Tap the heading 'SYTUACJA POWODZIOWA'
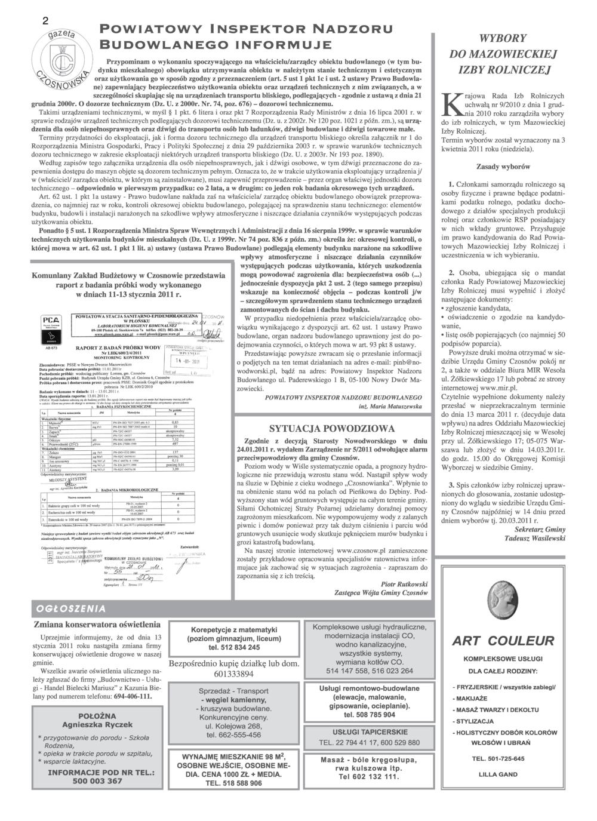point(332,429)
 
